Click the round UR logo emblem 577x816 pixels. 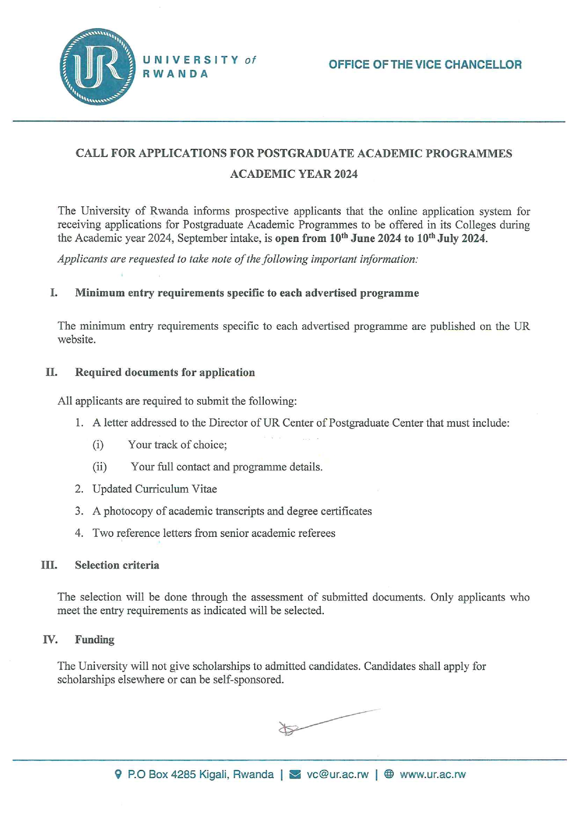pos(98,67)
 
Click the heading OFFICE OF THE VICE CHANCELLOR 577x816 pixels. pos(425,65)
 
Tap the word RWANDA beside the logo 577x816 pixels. pos(175,74)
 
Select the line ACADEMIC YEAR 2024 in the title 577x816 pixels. pos(294,174)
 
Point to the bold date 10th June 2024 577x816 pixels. pos(365,239)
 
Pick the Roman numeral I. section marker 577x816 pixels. pos(54,293)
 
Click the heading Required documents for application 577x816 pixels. pos(165,372)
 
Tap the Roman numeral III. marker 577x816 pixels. pos(49,565)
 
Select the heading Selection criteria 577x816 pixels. pos(117,565)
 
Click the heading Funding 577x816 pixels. pos(94,640)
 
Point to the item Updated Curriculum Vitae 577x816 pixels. pos(154,489)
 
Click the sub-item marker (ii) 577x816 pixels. pos(100,467)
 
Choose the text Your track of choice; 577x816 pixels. pos(177,445)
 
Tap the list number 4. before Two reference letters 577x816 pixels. pos(79,533)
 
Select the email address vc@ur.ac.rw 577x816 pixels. pos(337,775)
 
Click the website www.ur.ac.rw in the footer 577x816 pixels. pos(432,775)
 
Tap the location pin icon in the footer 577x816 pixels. pos(118,774)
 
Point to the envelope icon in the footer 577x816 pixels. pos(295,775)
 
